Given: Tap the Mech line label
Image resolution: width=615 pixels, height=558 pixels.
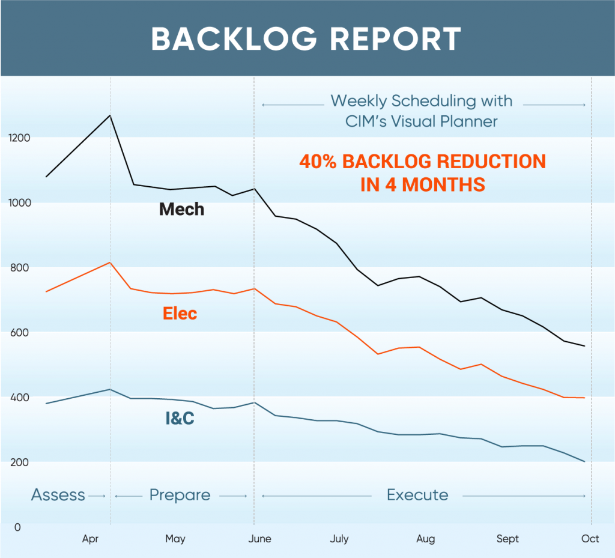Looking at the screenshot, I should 181,210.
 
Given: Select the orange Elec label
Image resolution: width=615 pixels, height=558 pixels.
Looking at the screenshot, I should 180,314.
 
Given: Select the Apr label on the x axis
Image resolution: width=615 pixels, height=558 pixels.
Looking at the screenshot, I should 90,539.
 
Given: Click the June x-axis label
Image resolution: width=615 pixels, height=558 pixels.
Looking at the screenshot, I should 259,539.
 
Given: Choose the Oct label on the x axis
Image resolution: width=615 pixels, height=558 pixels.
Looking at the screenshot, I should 590,539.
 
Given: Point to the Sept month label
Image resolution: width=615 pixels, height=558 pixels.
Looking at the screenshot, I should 507,539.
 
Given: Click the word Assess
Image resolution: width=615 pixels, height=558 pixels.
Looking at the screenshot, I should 58,496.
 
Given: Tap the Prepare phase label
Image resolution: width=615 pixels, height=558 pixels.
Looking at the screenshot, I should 180,496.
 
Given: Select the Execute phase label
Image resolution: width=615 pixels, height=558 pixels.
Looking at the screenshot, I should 417,496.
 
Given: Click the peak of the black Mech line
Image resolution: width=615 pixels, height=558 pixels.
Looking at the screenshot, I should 110,115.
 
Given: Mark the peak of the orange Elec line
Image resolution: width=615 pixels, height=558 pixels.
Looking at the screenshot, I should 110,262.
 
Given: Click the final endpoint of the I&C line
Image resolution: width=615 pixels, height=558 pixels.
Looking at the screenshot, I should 584,461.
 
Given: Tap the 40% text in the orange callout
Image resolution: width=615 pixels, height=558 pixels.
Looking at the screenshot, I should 319,162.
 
